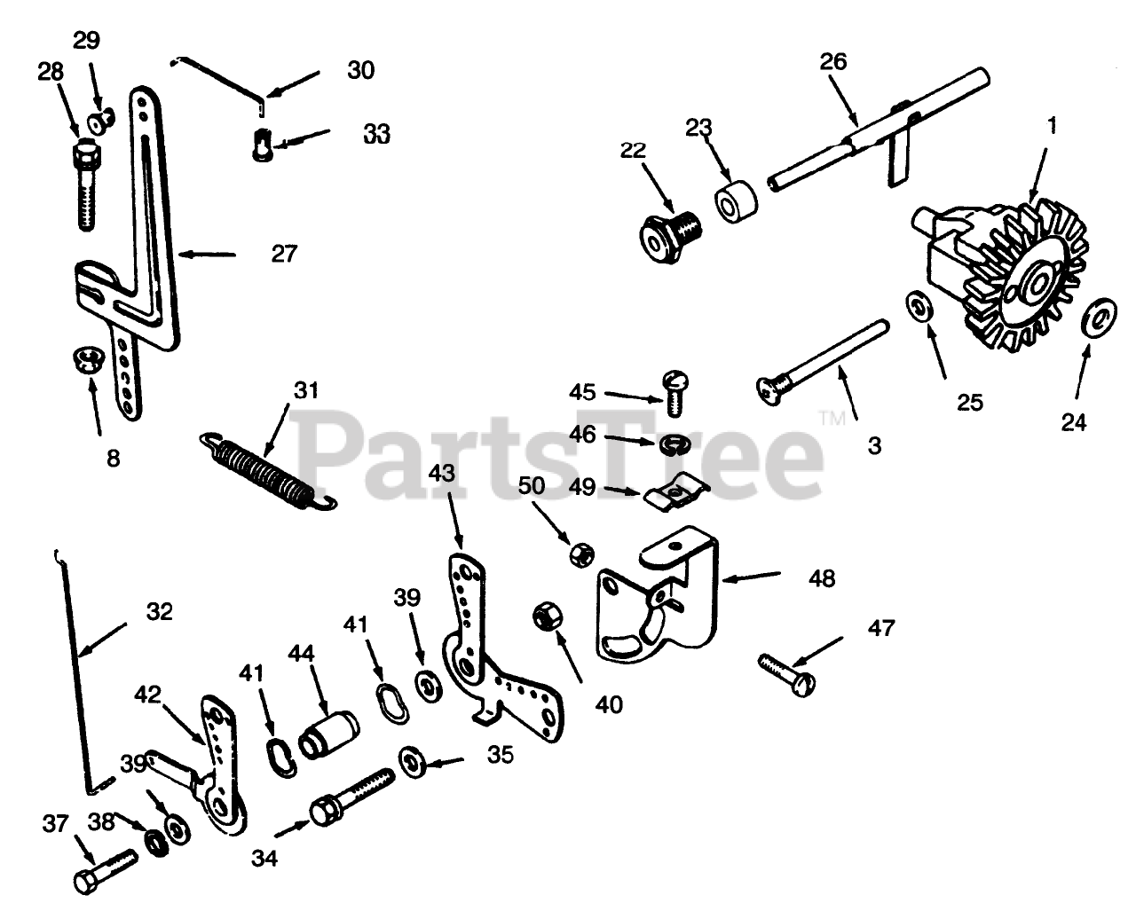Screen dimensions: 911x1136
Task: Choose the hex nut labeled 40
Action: pyautogui.click(x=543, y=615)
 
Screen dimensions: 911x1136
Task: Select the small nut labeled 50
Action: pyautogui.click(x=580, y=555)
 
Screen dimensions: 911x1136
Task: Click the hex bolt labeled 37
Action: pyautogui.click(x=105, y=870)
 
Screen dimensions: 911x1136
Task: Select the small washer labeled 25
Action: pyautogui.click(x=919, y=308)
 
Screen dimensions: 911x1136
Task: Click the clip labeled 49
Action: pyautogui.click(x=674, y=493)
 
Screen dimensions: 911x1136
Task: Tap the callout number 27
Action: pyautogui.click(x=284, y=254)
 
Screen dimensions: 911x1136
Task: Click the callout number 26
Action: pyautogui.click(x=833, y=61)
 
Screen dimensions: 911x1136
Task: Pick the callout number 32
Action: pyautogui.click(x=160, y=612)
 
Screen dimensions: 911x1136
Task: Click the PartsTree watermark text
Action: pyautogui.click(x=559, y=452)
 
